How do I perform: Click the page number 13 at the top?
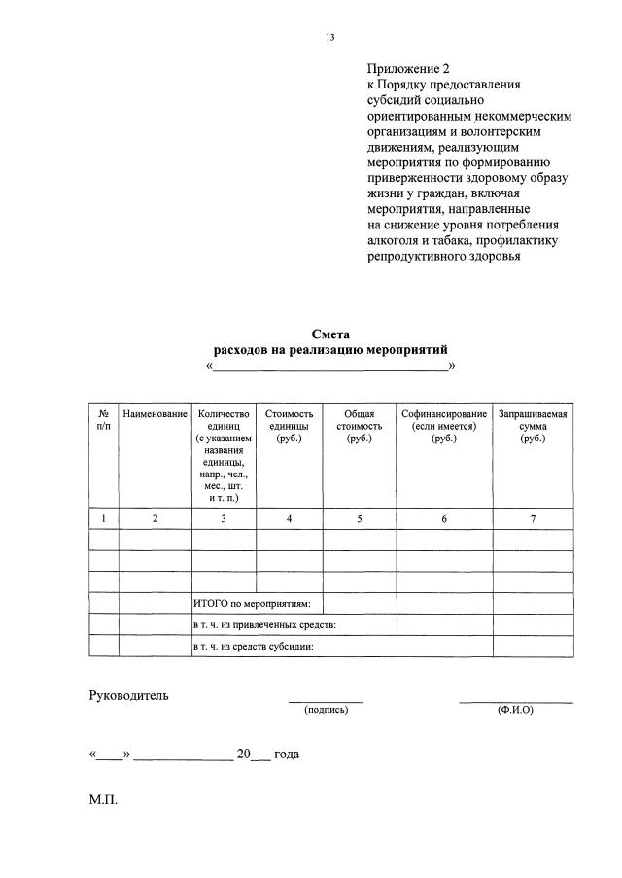pos(329,38)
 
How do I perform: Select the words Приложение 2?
pos(409,69)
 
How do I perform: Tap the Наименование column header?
pos(155,414)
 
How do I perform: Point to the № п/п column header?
pos(104,420)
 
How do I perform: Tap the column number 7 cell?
pos(533,519)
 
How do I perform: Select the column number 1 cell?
pos(104,519)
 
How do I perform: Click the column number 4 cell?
pos(290,519)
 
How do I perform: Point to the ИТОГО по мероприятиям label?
pos(252,604)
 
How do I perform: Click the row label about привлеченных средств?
pos(264,624)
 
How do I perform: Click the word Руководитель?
pos(129,695)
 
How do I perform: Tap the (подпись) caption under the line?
pos(326,710)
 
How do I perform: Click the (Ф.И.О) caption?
pos(515,710)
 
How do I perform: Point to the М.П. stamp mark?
pos(103,803)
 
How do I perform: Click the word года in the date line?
pos(287,754)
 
